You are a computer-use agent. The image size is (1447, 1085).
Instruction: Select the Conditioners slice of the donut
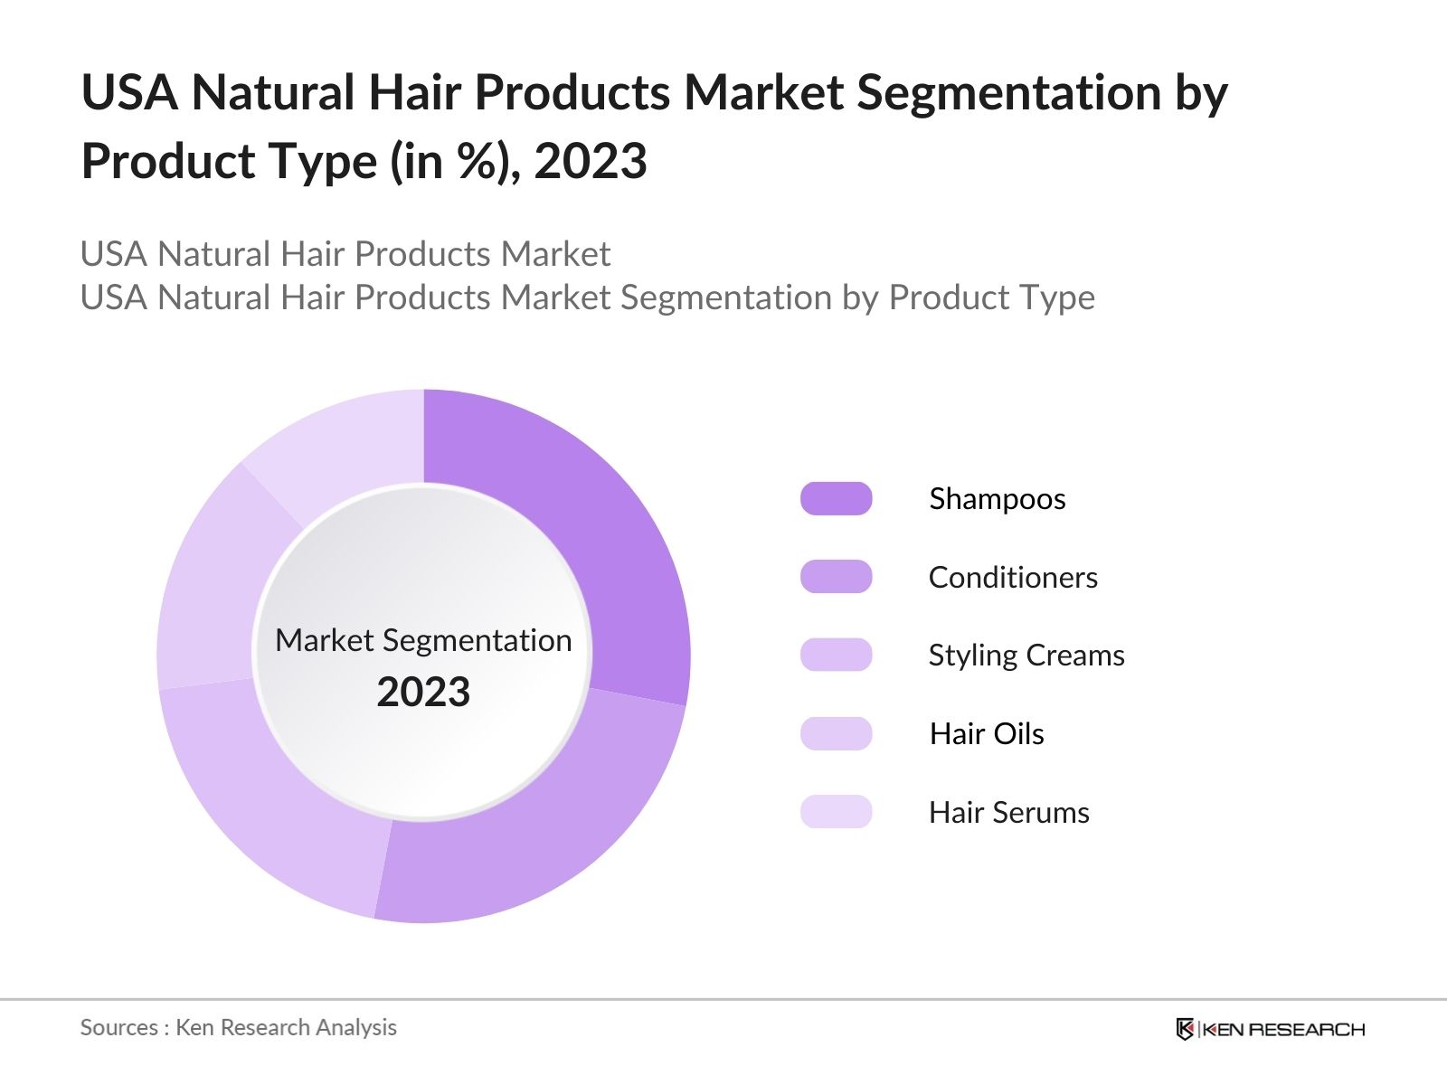543,832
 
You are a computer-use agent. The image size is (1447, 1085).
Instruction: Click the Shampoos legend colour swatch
836,498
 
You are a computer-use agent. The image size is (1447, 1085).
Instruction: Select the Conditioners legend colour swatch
836,577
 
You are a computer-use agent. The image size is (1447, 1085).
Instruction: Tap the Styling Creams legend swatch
836,655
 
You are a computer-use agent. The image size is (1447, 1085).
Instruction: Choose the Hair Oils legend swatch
836,733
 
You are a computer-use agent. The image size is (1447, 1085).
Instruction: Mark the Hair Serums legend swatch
836,812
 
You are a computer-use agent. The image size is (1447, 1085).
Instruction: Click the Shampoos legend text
998,499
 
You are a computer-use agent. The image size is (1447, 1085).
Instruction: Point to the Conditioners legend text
1013,577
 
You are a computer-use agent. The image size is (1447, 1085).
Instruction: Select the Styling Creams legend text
1026,656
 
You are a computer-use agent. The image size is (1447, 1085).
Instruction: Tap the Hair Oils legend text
987,733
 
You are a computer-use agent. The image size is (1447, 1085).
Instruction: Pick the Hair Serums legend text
1009,812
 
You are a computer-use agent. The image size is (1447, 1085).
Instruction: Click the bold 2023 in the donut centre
423,693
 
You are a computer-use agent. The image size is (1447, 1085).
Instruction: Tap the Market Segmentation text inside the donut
423,640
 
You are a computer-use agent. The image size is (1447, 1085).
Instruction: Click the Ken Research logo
1270,1029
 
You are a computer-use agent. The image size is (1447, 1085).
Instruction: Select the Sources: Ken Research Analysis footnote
239,1027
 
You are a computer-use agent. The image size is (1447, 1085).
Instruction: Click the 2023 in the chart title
591,162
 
